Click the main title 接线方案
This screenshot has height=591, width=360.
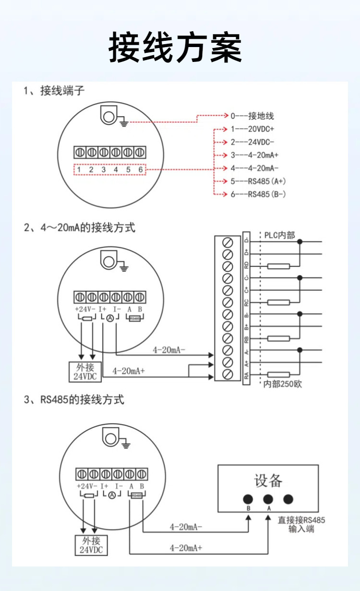tap(175, 48)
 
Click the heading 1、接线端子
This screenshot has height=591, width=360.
tap(54, 90)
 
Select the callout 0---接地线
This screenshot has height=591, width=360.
tap(252, 116)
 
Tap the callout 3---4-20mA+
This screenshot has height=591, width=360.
tap(254, 156)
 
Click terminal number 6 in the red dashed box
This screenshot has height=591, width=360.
tap(140, 169)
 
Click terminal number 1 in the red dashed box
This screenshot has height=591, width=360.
tap(79, 169)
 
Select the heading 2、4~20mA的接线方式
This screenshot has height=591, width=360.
tap(80, 227)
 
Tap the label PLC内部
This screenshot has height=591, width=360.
tap(280, 235)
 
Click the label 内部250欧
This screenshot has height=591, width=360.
tap(283, 384)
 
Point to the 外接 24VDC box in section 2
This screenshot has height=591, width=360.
tap(85, 372)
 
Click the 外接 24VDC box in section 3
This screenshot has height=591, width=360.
tap(91, 545)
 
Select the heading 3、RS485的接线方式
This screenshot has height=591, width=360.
tap(74, 399)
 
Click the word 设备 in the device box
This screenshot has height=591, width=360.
tap(268, 480)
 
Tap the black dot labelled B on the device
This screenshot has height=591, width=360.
tap(248, 499)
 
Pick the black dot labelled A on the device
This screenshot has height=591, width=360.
tap(268, 499)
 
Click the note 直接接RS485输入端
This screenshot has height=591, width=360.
tap(301, 524)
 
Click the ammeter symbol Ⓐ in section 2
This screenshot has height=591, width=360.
tap(109, 318)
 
